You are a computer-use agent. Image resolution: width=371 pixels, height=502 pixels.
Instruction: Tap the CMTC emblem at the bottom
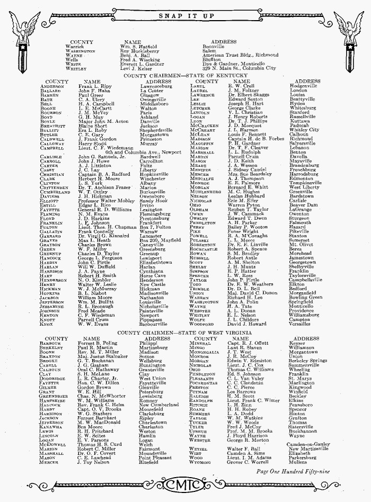click(x=185, y=485)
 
